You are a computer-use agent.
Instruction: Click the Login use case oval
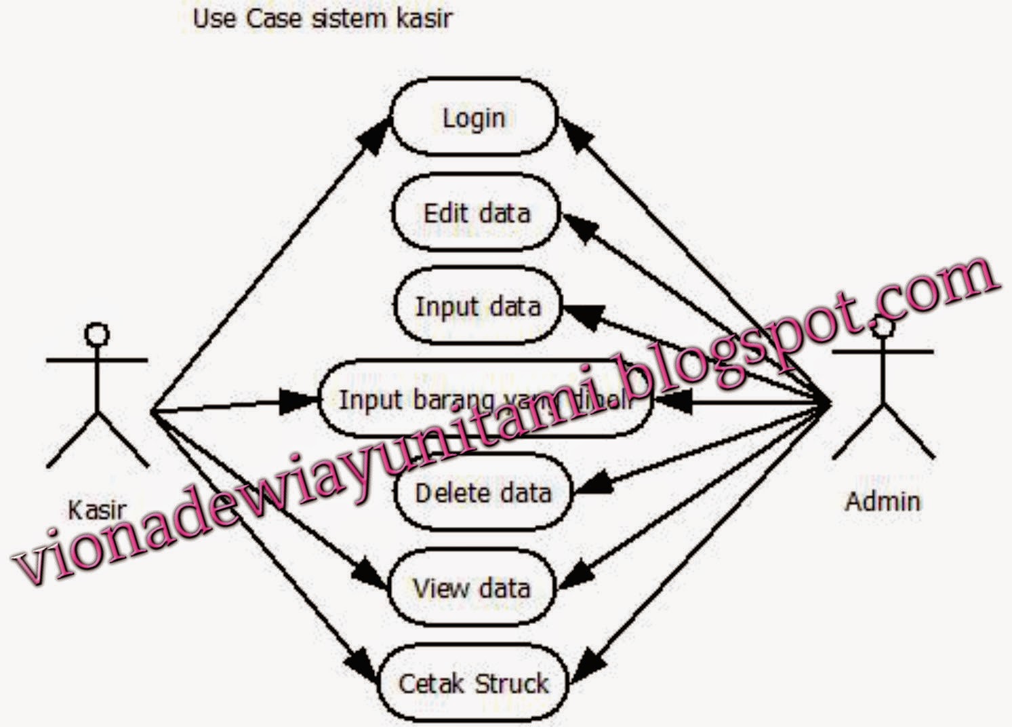(474, 117)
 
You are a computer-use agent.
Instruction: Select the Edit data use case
(476, 213)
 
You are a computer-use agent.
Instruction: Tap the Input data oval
(477, 307)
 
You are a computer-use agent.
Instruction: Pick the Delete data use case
(483, 492)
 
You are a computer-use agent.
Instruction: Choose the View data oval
(472, 587)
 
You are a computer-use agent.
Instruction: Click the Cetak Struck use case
(472, 683)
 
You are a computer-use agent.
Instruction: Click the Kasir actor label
(96, 510)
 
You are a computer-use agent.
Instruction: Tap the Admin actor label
(883, 501)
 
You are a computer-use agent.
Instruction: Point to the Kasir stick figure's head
(97, 334)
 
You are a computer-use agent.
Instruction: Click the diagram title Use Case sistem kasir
(322, 18)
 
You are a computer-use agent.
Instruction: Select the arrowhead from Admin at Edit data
(578, 227)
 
